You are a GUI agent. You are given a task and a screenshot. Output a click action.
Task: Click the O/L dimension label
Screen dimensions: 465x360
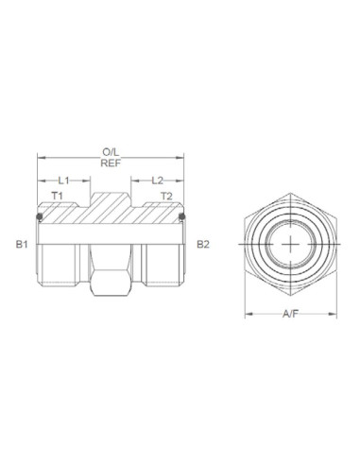(110, 150)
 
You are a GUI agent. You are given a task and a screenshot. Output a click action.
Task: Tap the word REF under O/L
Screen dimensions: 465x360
(110, 162)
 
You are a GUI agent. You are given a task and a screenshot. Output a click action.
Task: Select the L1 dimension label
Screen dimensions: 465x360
(63, 179)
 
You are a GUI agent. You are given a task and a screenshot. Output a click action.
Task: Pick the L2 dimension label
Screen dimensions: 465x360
(157, 179)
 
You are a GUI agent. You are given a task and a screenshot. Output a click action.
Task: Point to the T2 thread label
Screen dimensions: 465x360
(165, 196)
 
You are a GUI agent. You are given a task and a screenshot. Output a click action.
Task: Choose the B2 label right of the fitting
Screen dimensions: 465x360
(201, 244)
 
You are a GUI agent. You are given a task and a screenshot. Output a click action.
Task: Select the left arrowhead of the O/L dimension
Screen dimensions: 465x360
(40, 156)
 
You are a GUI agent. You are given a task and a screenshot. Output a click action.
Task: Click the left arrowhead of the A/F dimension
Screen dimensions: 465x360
(249, 313)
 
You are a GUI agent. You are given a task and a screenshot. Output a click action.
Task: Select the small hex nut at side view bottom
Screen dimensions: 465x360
(110, 279)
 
